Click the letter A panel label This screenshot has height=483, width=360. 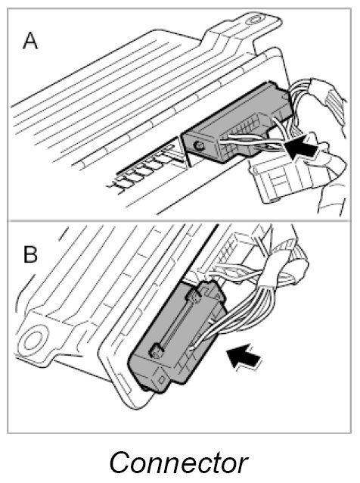(x=30, y=42)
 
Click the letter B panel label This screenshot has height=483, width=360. (x=30, y=254)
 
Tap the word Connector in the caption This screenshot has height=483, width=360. (x=178, y=463)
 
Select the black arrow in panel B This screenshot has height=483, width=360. (x=244, y=355)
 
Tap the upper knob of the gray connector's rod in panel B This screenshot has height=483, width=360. (x=193, y=298)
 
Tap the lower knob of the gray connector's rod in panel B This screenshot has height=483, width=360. (x=157, y=351)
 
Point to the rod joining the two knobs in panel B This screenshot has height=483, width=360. (x=175, y=324)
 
